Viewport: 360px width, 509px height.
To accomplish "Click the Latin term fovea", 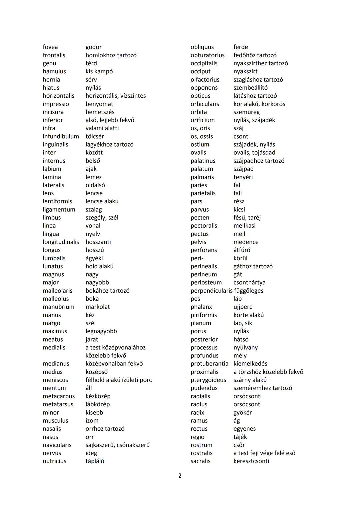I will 50,47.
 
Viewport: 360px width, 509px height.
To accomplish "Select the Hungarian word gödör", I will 94,47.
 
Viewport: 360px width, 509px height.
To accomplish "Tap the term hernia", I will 51,79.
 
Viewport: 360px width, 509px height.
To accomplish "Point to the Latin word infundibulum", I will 61,136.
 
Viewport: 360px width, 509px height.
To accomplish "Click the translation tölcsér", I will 95,136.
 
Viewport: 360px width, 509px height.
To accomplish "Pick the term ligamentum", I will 59,209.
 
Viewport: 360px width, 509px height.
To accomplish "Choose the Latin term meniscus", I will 55,380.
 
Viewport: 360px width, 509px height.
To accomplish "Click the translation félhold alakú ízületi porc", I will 119,380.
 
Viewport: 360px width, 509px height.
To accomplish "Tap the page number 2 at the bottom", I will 180,475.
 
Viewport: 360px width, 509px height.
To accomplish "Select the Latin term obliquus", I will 202,47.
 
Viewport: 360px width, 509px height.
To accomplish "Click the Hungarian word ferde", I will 241,47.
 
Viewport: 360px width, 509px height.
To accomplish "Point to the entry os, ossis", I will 202,136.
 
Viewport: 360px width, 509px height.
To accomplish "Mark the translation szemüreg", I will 247,112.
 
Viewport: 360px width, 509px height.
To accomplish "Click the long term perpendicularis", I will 211,291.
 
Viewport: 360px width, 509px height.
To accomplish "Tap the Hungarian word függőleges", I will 249,291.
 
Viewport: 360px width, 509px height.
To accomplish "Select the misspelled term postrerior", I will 204,339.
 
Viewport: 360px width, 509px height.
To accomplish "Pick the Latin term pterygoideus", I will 208,380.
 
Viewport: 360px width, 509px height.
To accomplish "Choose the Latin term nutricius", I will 54,461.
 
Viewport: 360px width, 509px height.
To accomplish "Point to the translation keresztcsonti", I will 251,461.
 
